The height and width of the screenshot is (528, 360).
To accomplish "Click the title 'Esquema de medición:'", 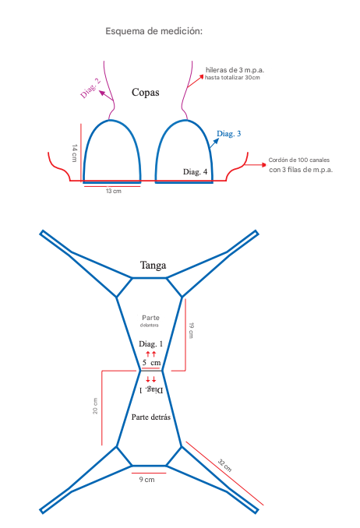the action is click(154, 31).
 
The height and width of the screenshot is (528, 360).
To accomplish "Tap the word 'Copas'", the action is click(145, 92).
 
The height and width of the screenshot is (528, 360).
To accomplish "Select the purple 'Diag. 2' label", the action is click(90, 88).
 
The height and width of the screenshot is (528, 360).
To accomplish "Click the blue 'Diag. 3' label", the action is click(228, 134).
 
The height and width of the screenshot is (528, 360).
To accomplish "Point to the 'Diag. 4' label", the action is click(195, 172).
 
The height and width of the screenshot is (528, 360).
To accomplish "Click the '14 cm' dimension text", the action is click(75, 153).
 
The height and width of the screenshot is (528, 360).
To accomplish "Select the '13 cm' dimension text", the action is click(114, 191).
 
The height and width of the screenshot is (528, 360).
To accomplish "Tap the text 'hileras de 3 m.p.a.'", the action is click(235, 70).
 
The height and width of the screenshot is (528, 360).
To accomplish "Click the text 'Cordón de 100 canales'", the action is click(299, 160).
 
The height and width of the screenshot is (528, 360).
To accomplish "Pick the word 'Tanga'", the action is click(153, 266).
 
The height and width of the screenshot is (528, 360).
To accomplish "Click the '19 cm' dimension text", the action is click(191, 330).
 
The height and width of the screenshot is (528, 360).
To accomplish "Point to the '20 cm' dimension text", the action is click(95, 406).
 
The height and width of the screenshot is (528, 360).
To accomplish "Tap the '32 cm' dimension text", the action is click(224, 466).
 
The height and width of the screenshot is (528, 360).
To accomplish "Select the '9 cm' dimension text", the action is click(147, 480).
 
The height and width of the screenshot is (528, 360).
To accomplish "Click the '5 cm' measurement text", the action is click(151, 363).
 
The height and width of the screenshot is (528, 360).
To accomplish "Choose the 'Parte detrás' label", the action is click(150, 417).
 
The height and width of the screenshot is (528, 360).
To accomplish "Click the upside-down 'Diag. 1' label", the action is click(151, 390).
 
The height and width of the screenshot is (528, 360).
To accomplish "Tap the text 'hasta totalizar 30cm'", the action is click(232, 77).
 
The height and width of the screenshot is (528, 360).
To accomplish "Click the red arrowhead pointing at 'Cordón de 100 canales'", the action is click(263, 164).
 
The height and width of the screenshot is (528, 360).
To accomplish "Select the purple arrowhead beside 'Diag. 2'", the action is click(101, 92).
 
